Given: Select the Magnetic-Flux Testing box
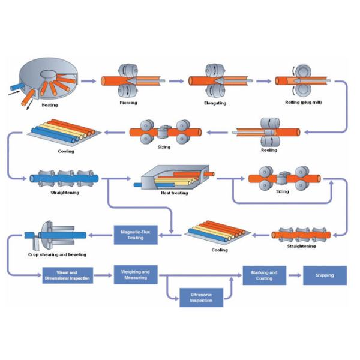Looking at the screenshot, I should click(x=136, y=234).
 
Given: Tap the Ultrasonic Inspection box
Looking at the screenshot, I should click(x=201, y=297).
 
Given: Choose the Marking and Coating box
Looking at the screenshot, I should click(x=264, y=275).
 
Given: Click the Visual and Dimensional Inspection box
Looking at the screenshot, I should click(x=67, y=275).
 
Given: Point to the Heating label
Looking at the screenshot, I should click(x=50, y=105).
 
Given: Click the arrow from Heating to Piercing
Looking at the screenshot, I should click(x=89, y=80).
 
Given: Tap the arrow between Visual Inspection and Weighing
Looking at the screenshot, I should click(x=103, y=276).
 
